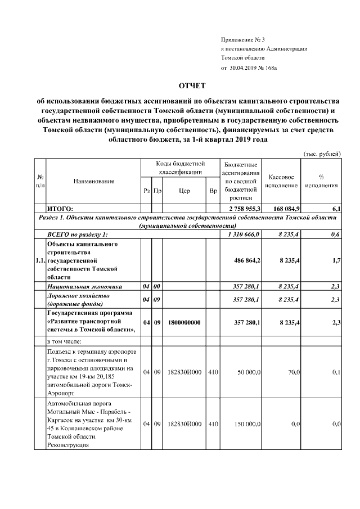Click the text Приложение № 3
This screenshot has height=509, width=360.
pyautogui.click(x=242, y=39)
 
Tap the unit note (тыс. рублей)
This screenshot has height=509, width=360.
pyautogui.click(x=322, y=153)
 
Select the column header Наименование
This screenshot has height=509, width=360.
pyautogui.click(x=93, y=181)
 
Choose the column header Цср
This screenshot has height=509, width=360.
pyautogui.click(x=184, y=191)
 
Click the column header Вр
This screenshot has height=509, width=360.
pyautogui.click(x=213, y=191)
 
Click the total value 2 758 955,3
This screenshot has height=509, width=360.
pyautogui.click(x=241, y=209)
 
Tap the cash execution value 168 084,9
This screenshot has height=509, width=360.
pyautogui.click(x=285, y=209)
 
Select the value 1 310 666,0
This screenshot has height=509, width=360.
pyautogui.click(x=242, y=235)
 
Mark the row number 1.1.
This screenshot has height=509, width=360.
pyautogui.click(x=39, y=261)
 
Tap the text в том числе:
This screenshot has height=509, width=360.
pyautogui.click(x=65, y=341)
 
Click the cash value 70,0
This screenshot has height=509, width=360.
pyautogui.click(x=291, y=372)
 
